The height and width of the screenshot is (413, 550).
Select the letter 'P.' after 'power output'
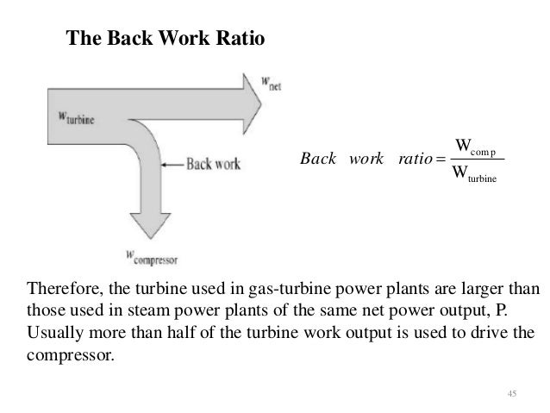[x=514, y=310]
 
